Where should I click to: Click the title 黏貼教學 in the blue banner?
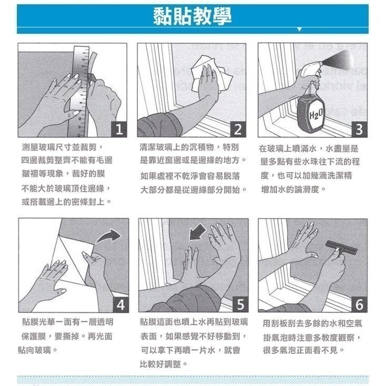pos(192,16)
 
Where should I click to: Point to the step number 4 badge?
pos(120,304)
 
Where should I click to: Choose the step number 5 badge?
pos(240,304)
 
